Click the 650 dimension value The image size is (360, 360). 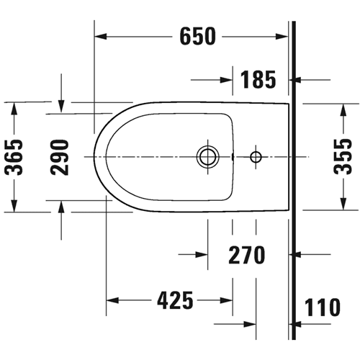(x=198, y=37)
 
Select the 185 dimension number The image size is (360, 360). (x=258, y=79)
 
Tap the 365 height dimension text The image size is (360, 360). (x=14, y=157)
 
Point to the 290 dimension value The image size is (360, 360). (x=59, y=157)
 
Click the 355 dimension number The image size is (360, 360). (x=343, y=156)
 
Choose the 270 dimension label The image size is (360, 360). (x=247, y=255)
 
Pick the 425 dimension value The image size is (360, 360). (x=175, y=300)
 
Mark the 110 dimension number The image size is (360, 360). (x=323, y=307)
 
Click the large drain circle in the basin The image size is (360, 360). (x=207, y=156)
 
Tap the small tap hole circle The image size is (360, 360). (x=256, y=157)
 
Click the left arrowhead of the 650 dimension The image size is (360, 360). (x=100, y=37)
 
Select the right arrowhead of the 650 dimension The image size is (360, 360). (x=282, y=37)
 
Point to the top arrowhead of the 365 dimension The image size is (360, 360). (x=14, y=108)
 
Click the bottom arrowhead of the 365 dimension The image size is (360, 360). (x=14, y=206)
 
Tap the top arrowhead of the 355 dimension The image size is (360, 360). (x=343, y=110)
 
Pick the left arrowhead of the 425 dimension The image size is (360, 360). (x=112, y=300)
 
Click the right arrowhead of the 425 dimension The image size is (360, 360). (x=226, y=300)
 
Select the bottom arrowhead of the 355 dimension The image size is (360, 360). (x=343, y=204)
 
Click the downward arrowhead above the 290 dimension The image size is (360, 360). (x=61, y=107)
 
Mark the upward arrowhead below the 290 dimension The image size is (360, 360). (x=61, y=207)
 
